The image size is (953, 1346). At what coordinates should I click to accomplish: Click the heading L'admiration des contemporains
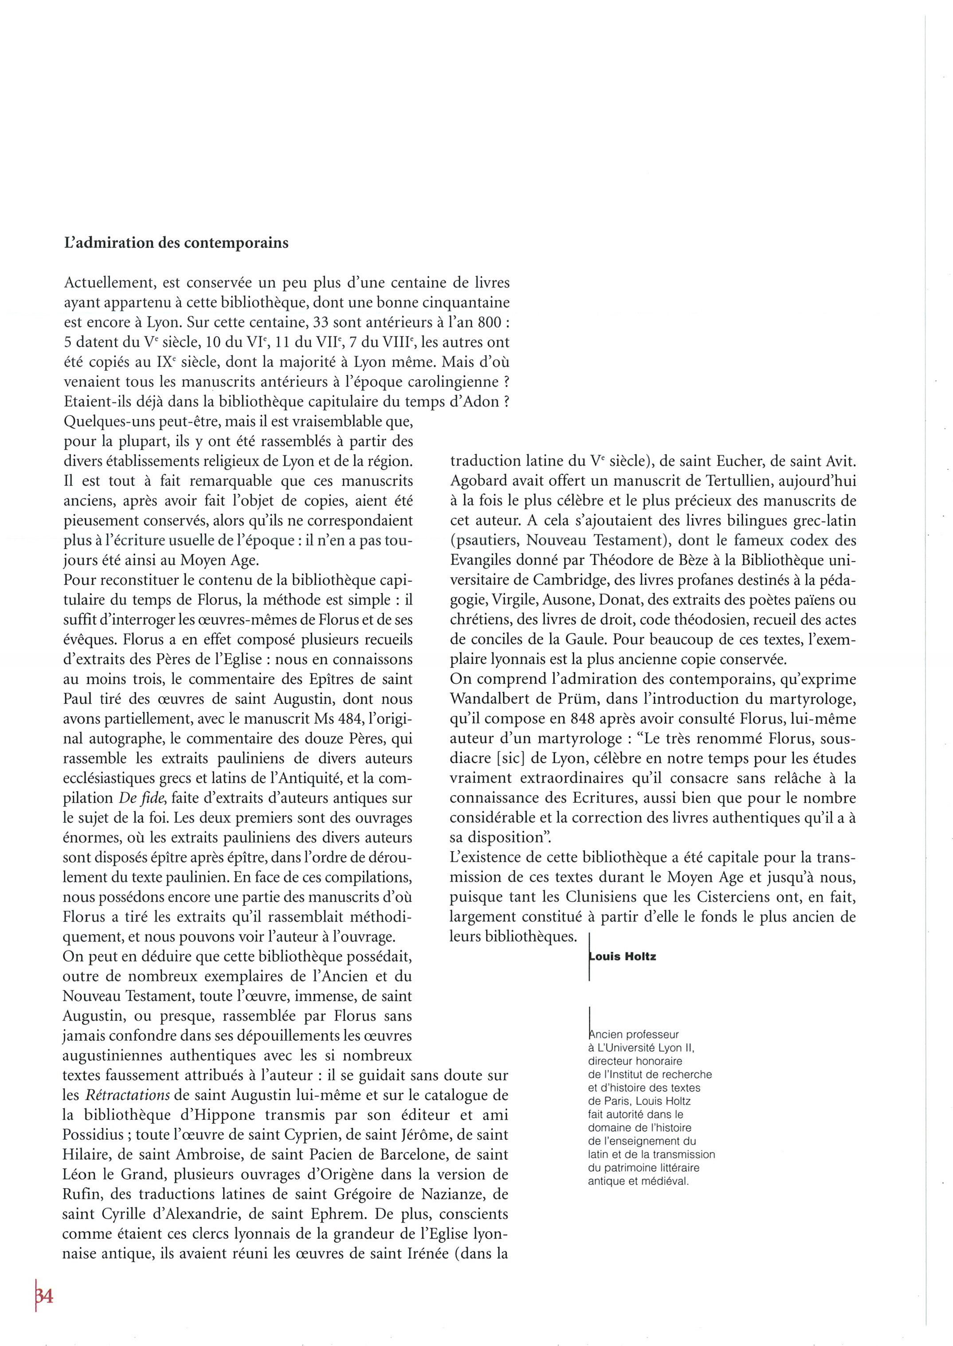click(176, 243)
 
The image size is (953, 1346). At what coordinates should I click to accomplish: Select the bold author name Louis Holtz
click(622, 957)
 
